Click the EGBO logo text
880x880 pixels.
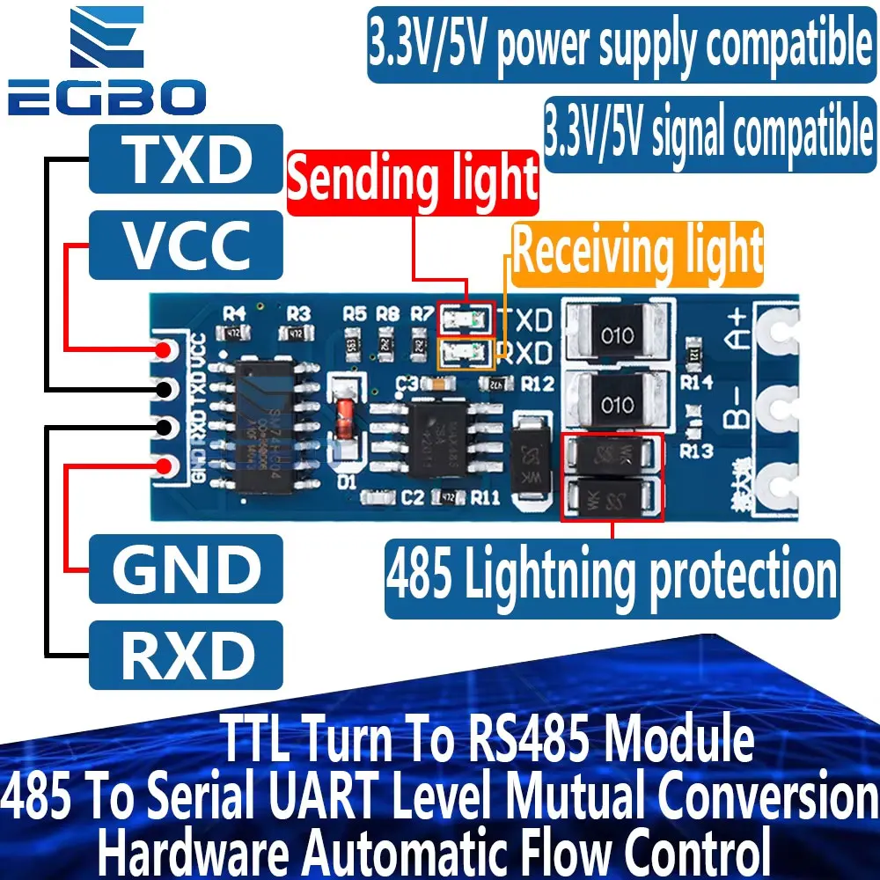pos(106,96)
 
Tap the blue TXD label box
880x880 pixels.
pos(186,159)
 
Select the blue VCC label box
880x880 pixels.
pos(186,245)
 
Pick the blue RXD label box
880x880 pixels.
pos(186,655)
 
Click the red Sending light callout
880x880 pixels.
pos(413,180)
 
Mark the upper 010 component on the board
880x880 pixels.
pos(617,336)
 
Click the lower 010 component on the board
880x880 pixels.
pos(617,405)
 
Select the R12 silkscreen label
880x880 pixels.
pos(537,384)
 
